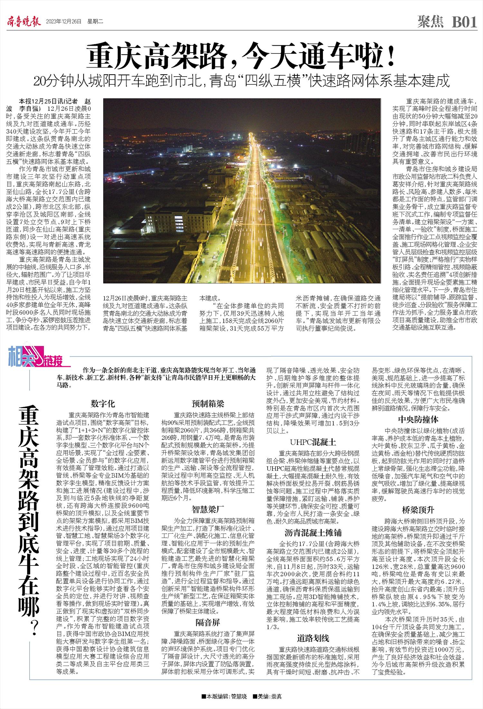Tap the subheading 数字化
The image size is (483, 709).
[x=103, y=404]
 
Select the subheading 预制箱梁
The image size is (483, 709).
[x=208, y=404]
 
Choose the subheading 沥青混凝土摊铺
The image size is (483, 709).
[x=313, y=532]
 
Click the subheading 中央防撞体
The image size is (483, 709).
[x=418, y=419]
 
